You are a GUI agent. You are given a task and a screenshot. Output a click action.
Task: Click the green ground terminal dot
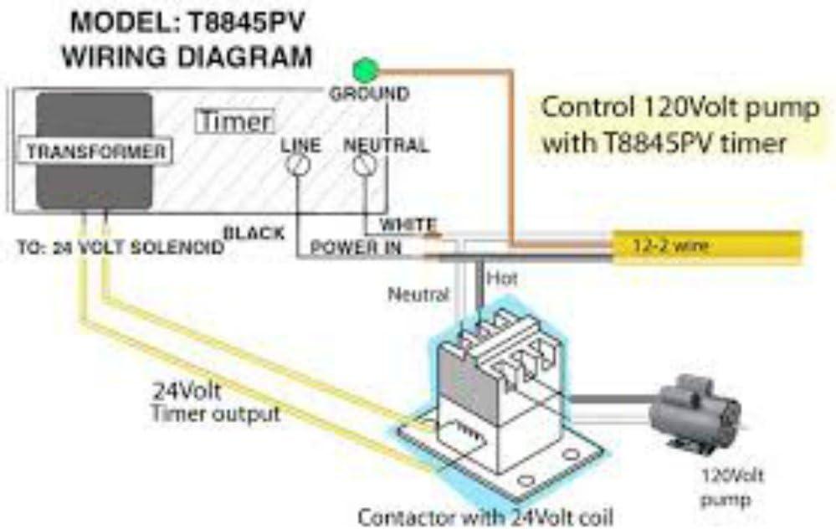[x=366, y=69]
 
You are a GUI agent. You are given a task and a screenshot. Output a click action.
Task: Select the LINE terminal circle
[x=295, y=166]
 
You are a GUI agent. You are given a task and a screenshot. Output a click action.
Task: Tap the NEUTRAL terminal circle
[x=363, y=166]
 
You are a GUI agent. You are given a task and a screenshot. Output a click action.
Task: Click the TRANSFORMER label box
[x=95, y=152]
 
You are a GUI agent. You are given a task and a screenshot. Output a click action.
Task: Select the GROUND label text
[x=368, y=94]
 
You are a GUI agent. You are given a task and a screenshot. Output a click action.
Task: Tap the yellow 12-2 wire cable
[x=707, y=245]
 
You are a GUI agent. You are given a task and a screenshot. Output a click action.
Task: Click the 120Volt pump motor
[x=695, y=414]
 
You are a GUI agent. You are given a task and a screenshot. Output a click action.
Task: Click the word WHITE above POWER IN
[x=408, y=224]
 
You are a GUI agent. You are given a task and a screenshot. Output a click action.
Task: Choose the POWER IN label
[x=356, y=248]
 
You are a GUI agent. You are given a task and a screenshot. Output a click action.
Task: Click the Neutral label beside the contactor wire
[x=418, y=295]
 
